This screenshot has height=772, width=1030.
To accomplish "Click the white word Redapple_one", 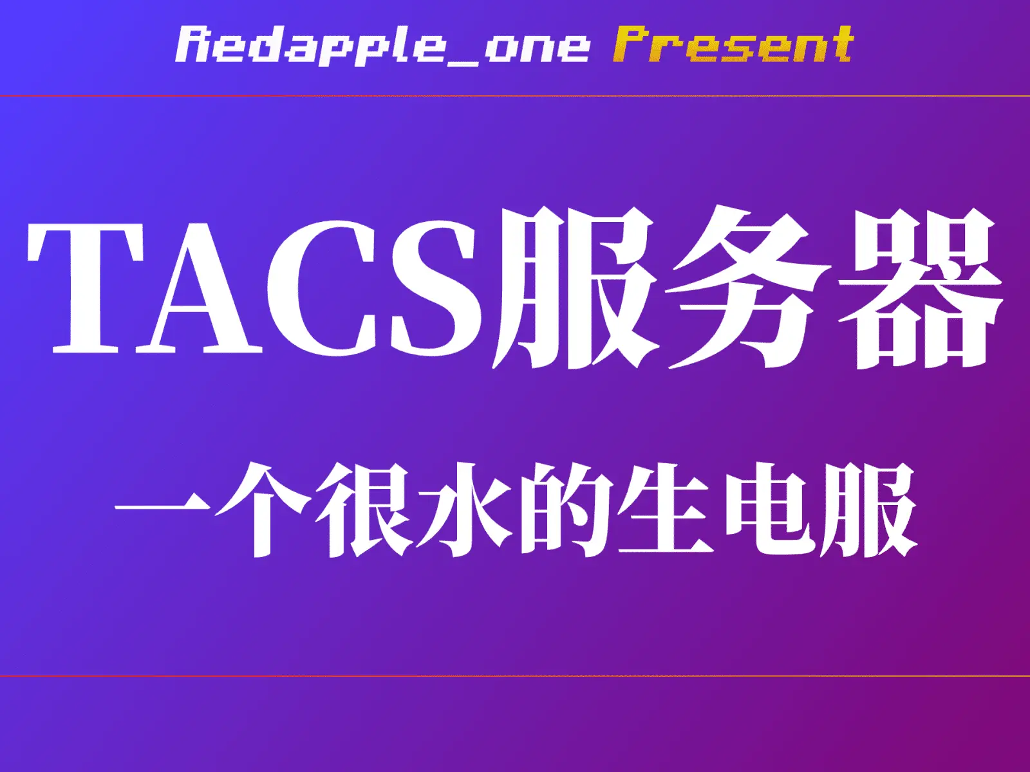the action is pyautogui.click(x=382, y=46).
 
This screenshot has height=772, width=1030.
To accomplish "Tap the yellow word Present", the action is pyautogui.click(x=733, y=44).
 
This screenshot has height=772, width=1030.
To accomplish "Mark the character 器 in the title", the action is pyautogui.click(x=921, y=288).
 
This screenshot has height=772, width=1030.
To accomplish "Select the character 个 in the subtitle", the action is pyautogui.click(x=263, y=510).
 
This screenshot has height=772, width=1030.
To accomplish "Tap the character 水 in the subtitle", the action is pyautogui.click(x=465, y=510).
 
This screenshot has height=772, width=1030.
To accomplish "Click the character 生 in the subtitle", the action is pyautogui.click(x=666, y=509).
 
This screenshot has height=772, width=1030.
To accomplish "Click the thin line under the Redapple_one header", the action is pyautogui.click(x=515, y=96).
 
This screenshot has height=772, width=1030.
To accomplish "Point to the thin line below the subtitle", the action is pyautogui.click(x=515, y=676).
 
